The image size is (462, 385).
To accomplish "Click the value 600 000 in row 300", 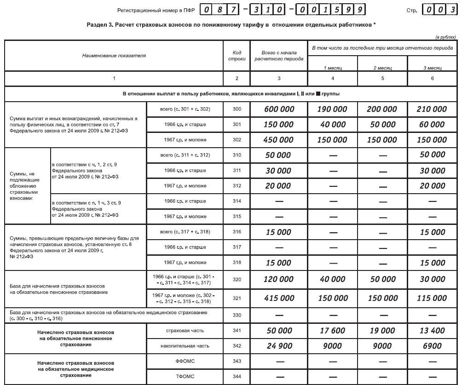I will click(x=279, y=109).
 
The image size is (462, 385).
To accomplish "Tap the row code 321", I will click(x=237, y=298).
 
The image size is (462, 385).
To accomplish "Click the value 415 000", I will click(x=279, y=298).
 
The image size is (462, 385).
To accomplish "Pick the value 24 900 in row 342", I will click(x=279, y=346).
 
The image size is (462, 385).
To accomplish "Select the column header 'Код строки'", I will click(x=237, y=56).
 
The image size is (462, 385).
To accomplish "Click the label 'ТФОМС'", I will click(x=185, y=377).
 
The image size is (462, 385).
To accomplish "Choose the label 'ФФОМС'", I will click(x=185, y=361).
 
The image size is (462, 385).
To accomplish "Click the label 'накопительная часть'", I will click(x=185, y=346).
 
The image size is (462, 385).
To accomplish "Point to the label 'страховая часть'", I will click(x=185, y=330).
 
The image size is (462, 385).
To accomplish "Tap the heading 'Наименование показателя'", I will click(x=114, y=56).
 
